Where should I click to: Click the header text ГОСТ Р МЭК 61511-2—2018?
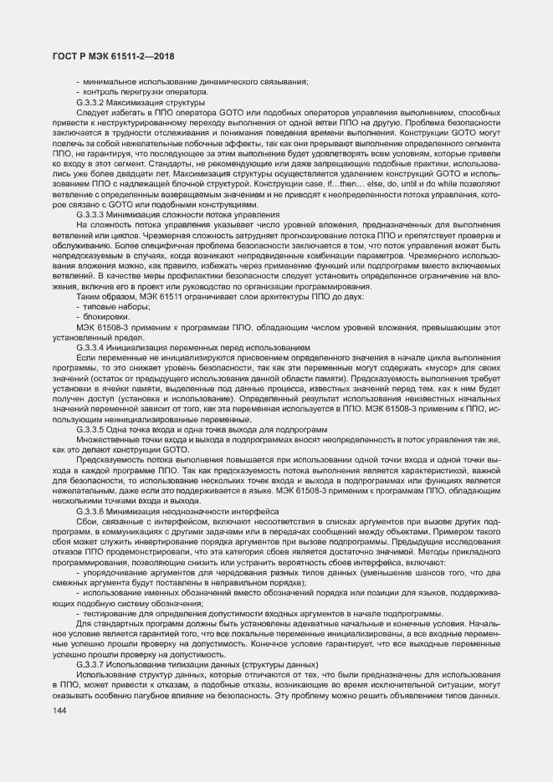(x=112, y=56)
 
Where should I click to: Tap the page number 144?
(x=59, y=710)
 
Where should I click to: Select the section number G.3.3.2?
(x=90, y=101)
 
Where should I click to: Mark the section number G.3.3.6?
(x=90, y=510)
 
